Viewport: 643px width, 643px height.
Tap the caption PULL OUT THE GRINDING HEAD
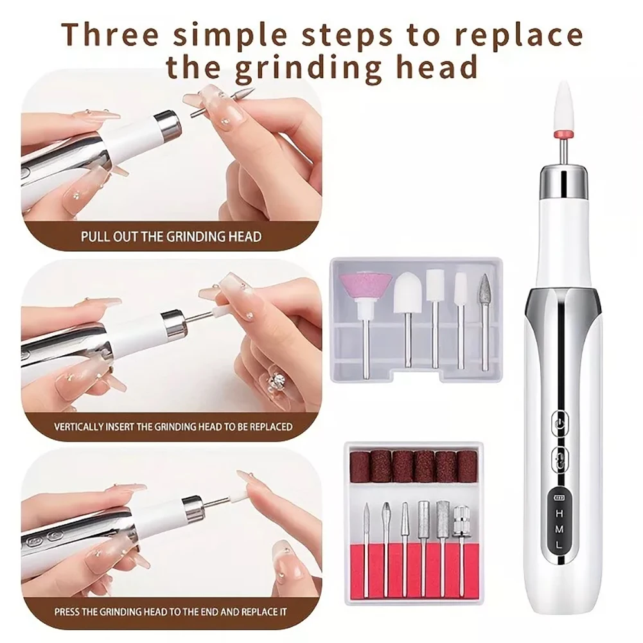(x=171, y=236)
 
